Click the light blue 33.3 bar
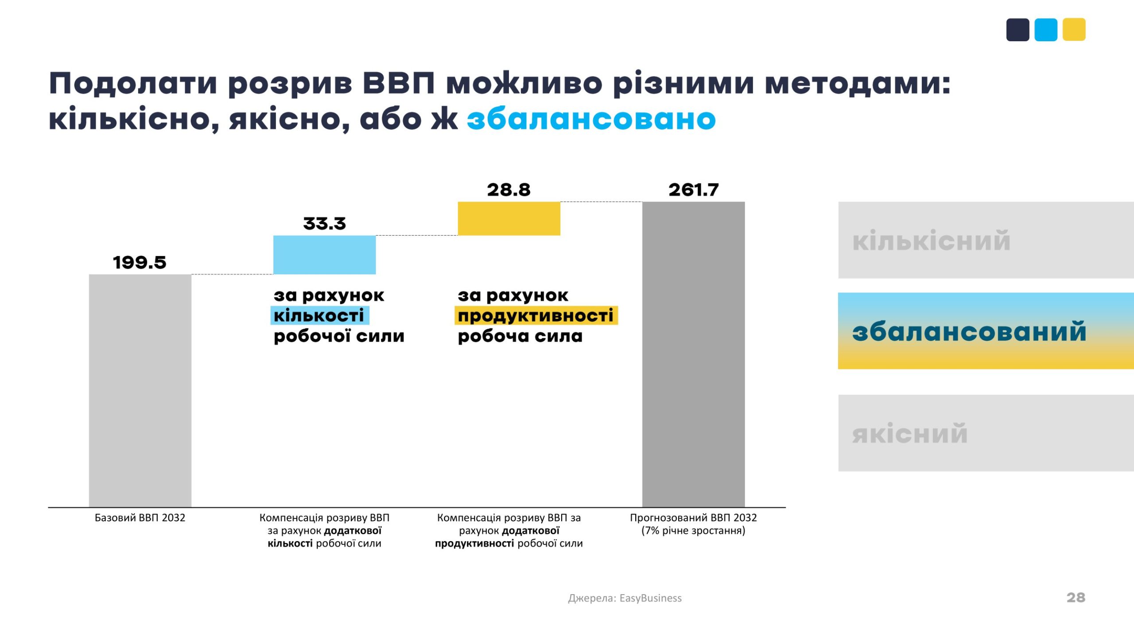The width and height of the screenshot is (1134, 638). tap(324, 255)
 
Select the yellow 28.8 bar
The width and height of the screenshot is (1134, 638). tap(509, 218)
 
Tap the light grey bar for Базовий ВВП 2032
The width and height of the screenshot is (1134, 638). tap(140, 390)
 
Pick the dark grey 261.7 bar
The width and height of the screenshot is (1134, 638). tap(693, 354)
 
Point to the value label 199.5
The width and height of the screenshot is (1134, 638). tap(140, 262)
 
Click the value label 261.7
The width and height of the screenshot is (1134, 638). tap(693, 190)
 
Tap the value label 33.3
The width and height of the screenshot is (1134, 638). tap(324, 224)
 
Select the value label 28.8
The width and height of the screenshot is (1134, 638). tap(509, 190)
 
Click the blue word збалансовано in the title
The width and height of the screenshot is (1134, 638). tap(591, 119)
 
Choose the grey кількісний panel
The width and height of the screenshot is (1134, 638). tap(986, 240)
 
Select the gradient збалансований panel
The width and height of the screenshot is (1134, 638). tap(986, 331)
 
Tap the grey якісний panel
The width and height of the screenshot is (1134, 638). tap(986, 433)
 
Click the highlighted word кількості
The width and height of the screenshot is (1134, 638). tap(319, 315)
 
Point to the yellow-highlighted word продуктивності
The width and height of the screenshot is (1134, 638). tap(536, 315)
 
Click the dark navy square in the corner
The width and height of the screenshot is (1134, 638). tap(1017, 30)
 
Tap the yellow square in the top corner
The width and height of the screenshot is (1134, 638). tap(1074, 30)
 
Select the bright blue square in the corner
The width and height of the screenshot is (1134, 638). tap(1046, 30)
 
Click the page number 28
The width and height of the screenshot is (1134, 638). tap(1076, 597)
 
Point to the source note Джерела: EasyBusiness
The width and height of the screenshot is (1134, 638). tap(625, 598)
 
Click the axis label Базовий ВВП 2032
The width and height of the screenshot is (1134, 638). tap(140, 517)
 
